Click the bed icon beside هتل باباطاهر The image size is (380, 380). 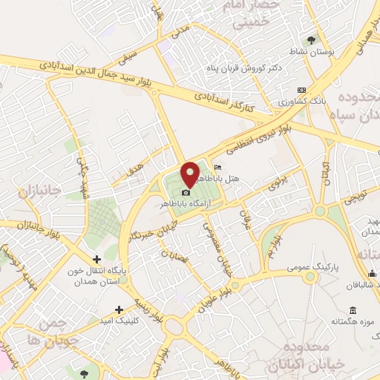tap(217, 166)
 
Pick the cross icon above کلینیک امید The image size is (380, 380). tap(119, 309)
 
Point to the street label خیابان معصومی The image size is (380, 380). tap(223, 256)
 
